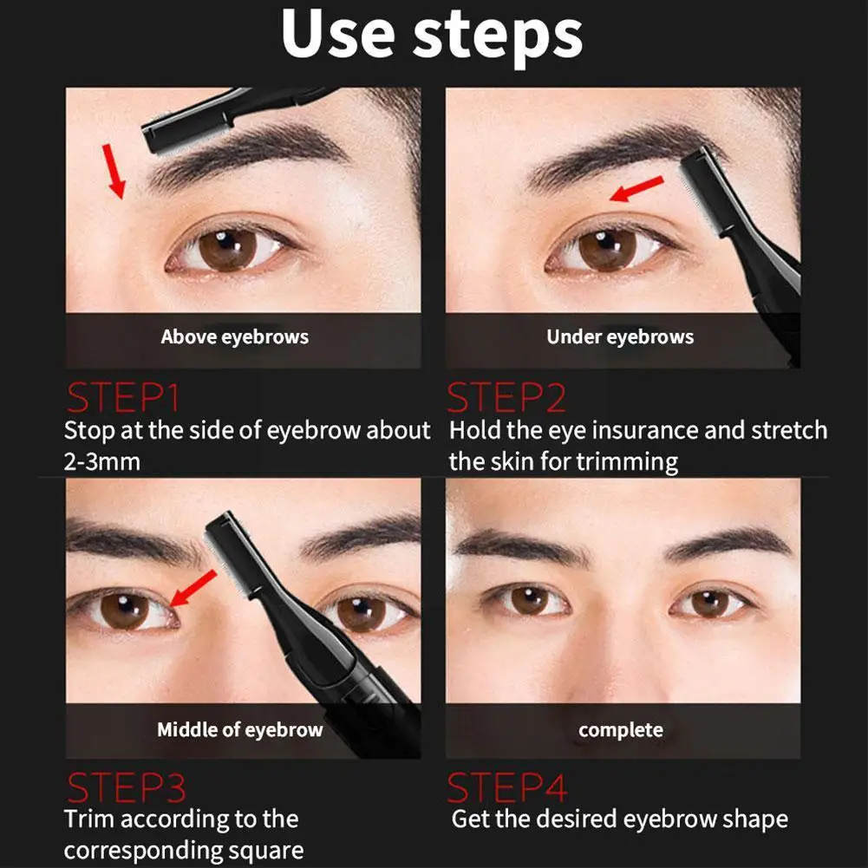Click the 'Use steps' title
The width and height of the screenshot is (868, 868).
pyautogui.click(x=432, y=35)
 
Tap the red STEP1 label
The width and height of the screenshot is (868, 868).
pyautogui.click(x=123, y=397)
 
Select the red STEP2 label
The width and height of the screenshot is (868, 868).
pyautogui.click(x=506, y=397)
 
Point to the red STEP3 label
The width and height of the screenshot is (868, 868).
pyautogui.click(x=127, y=786)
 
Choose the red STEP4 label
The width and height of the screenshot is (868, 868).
pyautogui.click(x=507, y=786)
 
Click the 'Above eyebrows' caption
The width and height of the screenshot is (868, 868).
pyautogui.click(x=235, y=336)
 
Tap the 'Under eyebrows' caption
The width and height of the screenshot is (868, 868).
pyautogui.click(x=620, y=336)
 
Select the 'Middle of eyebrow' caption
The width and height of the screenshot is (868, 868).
pyautogui.click(x=239, y=729)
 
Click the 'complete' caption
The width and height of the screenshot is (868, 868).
pyautogui.click(x=621, y=730)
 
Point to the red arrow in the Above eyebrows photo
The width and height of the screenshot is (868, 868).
pyautogui.click(x=114, y=171)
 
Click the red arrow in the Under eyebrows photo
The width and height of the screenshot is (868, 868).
pyautogui.click(x=636, y=188)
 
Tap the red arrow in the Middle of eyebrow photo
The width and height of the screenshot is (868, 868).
pyautogui.click(x=193, y=588)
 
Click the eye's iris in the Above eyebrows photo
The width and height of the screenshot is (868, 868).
pyautogui.click(x=227, y=250)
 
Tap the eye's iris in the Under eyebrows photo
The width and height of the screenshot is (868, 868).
pyautogui.click(x=607, y=250)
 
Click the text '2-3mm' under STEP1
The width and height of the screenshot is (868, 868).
pyautogui.click(x=101, y=461)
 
